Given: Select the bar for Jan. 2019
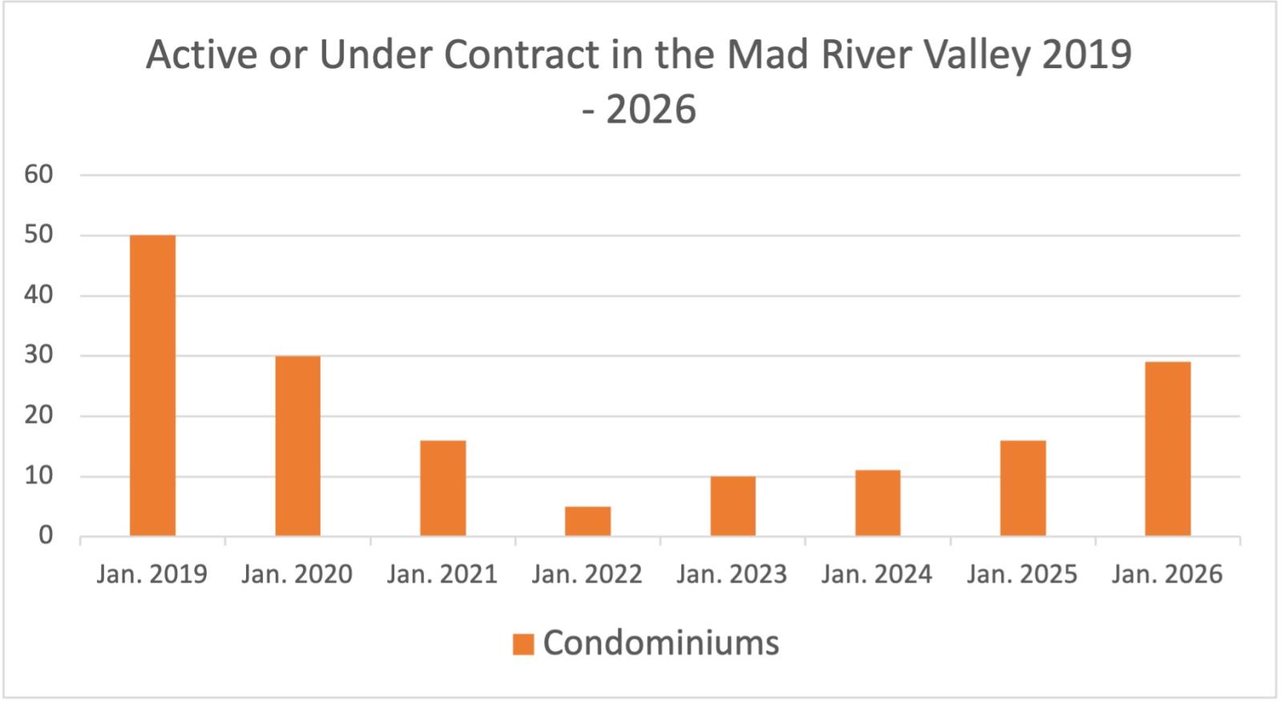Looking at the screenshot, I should tap(152, 385).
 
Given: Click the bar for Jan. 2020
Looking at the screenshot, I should tap(297, 446).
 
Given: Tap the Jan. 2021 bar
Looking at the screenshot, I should tap(443, 488).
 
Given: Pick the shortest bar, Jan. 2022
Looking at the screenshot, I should tap(587, 521).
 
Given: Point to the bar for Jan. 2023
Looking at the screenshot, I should tap(732, 506).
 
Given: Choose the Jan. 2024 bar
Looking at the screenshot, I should tap(877, 502).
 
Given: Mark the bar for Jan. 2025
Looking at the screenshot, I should tap(1022, 488).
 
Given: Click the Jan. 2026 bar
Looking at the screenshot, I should tap(1167, 449).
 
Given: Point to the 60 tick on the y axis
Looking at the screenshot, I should tap(38, 175).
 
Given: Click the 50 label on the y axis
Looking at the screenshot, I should tap(38, 236).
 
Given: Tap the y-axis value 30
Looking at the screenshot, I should tap(38, 356).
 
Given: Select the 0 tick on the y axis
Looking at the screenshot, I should tap(46, 536).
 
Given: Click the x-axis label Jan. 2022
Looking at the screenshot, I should tap(587, 575).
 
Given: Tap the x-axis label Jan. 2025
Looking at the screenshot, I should tap(1022, 575).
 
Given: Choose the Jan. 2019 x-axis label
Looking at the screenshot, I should tap(152, 575).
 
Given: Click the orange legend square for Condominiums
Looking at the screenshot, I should tap(523, 644).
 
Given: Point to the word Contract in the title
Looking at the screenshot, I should tap(521, 54).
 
